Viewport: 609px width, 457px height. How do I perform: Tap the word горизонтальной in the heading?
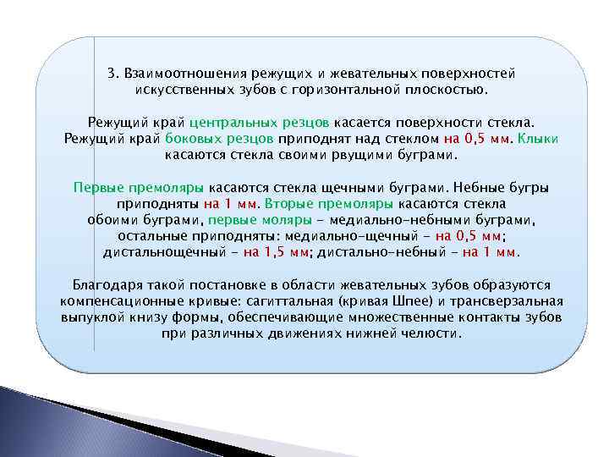tap(365, 89)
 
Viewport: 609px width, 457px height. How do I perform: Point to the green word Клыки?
tap(538, 139)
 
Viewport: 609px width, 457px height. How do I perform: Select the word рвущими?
tap(375, 155)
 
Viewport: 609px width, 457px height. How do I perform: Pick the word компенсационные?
tap(123, 301)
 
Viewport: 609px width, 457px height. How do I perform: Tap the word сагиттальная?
tap(283, 301)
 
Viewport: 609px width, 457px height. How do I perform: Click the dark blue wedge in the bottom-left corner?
tap(34, 423)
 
